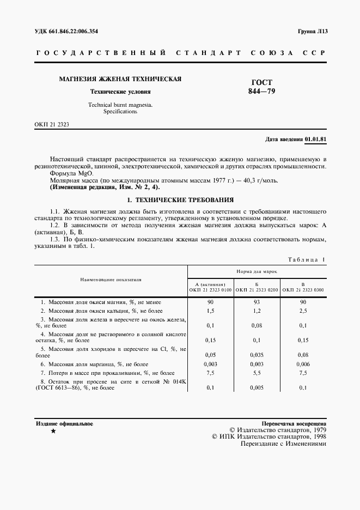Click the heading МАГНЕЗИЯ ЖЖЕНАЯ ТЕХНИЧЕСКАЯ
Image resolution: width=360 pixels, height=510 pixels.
point(120,79)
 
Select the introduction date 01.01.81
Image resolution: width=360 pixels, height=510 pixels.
point(315,139)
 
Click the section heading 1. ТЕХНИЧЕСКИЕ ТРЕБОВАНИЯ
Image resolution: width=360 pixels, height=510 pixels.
point(180,200)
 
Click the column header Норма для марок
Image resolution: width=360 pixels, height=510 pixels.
point(257,270)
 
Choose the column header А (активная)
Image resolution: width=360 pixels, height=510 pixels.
point(210,284)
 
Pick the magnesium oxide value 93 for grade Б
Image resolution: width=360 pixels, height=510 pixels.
point(257,302)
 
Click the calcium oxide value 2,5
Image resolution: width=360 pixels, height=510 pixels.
point(303,311)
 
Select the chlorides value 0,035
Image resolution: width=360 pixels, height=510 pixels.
point(257,353)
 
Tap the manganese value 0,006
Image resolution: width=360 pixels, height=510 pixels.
point(303,363)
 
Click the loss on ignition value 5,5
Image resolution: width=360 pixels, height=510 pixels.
point(257,373)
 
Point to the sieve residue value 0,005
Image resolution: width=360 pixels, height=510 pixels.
point(257,388)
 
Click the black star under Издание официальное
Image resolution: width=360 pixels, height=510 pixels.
point(53,431)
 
